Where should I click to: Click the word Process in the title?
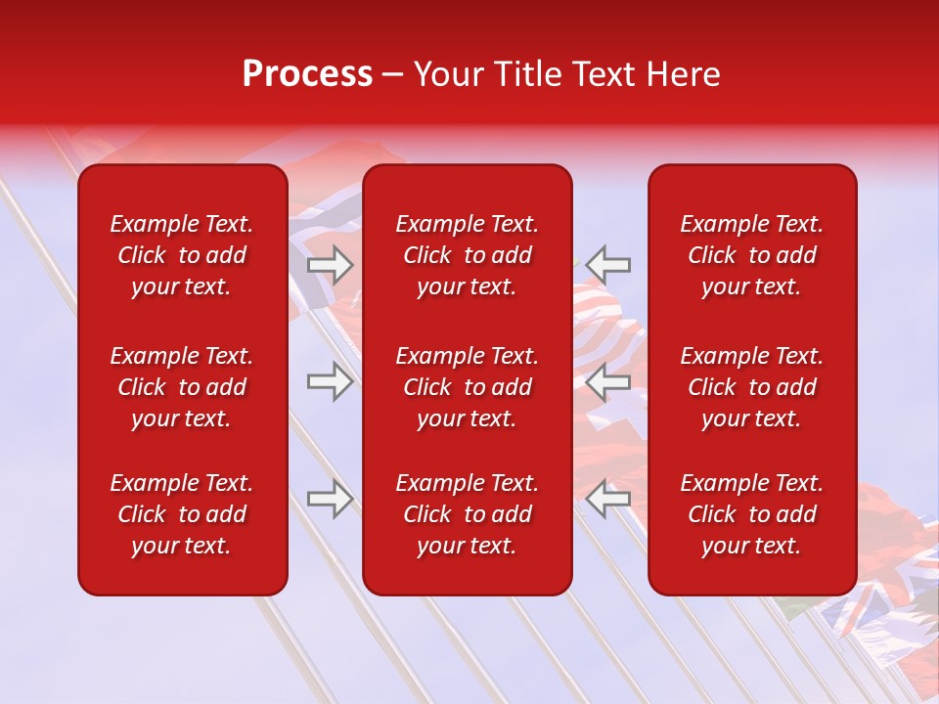click(307, 74)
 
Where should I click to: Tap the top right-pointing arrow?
click(330, 265)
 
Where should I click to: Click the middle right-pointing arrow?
click(330, 381)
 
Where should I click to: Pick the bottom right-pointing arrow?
click(330, 499)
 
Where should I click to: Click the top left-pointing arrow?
click(608, 265)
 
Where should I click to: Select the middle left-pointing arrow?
click(608, 381)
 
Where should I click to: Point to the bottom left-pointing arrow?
click(608, 499)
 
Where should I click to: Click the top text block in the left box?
click(182, 255)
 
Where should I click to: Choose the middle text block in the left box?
click(182, 387)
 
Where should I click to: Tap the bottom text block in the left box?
click(182, 514)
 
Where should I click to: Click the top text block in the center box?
click(467, 255)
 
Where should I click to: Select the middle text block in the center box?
click(467, 387)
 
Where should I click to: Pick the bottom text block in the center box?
click(467, 514)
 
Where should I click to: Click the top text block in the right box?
click(751, 255)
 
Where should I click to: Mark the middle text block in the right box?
click(751, 387)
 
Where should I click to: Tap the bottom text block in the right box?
click(751, 514)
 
